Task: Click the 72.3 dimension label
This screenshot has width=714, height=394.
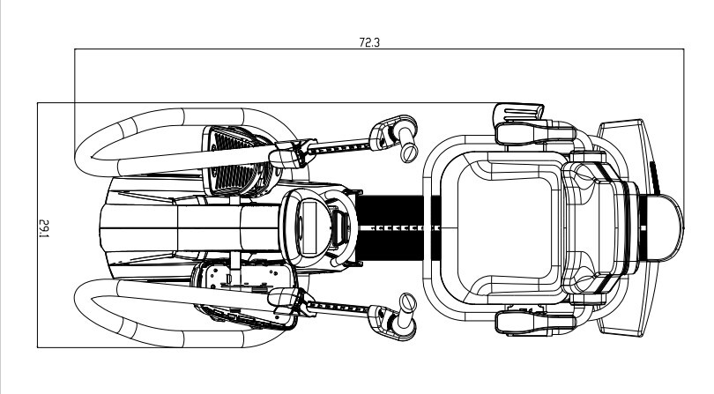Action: (368, 42)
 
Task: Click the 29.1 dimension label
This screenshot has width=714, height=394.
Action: (44, 228)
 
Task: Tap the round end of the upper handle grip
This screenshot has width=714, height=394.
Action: (409, 152)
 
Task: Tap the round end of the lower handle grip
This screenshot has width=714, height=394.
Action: (408, 302)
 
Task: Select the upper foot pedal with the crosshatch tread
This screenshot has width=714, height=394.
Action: (237, 160)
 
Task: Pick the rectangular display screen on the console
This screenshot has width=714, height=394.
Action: (309, 228)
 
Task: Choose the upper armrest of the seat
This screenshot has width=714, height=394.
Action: (533, 132)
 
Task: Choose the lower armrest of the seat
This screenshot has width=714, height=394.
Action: (533, 323)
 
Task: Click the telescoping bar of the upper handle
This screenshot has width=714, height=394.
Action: (339, 146)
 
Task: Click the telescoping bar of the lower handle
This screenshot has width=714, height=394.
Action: (339, 309)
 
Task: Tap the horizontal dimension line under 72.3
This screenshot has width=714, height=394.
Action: (379, 48)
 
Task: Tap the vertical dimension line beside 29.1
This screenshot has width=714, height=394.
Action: (37, 225)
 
